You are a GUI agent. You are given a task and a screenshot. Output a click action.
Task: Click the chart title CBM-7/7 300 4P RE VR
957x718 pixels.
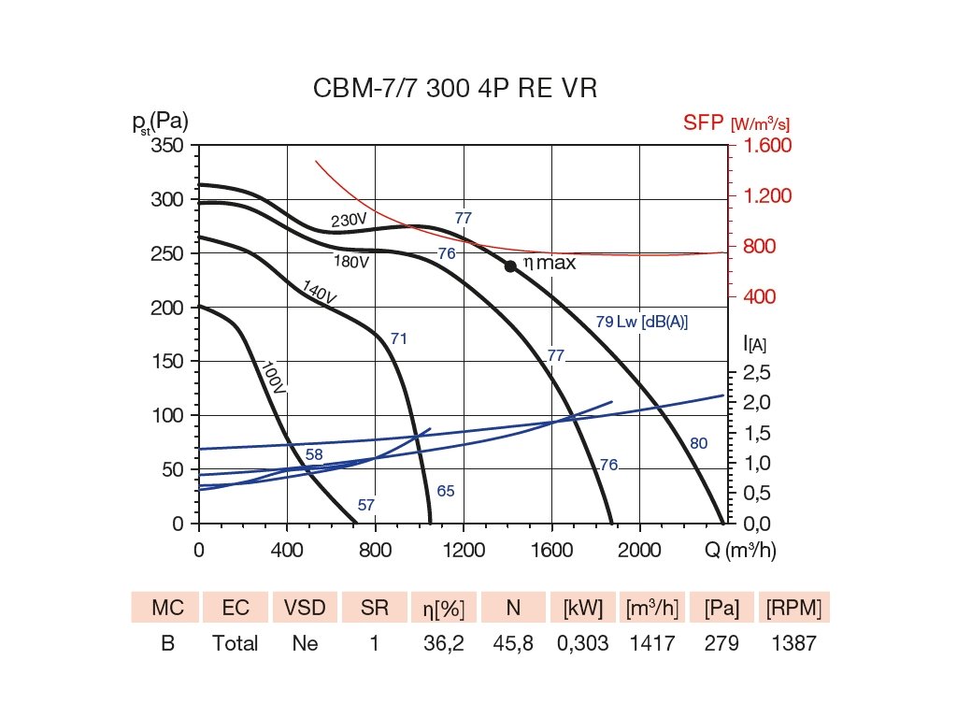click(x=454, y=89)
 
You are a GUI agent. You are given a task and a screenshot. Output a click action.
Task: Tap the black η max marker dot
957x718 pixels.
click(x=510, y=266)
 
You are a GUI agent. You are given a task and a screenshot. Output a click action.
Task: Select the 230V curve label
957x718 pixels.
click(x=349, y=221)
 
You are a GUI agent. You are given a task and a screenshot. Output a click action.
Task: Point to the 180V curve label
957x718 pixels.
click(x=352, y=262)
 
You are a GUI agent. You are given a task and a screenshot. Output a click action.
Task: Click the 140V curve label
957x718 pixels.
click(x=319, y=292)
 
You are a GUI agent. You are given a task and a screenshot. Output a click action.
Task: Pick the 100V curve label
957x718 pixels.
click(x=272, y=379)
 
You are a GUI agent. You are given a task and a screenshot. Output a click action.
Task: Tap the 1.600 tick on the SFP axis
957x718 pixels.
click(x=767, y=146)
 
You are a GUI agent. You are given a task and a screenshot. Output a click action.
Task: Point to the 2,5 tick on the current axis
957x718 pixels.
click(x=757, y=373)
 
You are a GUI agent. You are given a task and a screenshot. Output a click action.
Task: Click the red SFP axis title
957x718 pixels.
click(x=738, y=123)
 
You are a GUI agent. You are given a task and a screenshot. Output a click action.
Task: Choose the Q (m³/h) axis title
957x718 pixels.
click(x=739, y=551)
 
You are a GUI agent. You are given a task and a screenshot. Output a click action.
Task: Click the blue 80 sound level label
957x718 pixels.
click(x=698, y=443)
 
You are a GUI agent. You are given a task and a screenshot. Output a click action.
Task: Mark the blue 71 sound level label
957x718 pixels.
click(x=399, y=338)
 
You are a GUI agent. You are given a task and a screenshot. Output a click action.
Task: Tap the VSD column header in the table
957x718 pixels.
click(x=304, y=609)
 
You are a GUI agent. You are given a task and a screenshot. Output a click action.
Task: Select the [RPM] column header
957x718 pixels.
click(x=793, y=609)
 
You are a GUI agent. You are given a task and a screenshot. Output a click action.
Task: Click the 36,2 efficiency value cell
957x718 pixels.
click(x=444, y=643)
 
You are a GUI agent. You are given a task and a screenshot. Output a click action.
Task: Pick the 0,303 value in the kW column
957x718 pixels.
click(x=582, y=643)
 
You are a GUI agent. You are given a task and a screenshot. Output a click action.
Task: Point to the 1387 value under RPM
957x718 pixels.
click(x=793, y=643)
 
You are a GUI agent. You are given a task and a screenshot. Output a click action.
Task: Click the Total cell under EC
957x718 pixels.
click(x=235, y=643)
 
